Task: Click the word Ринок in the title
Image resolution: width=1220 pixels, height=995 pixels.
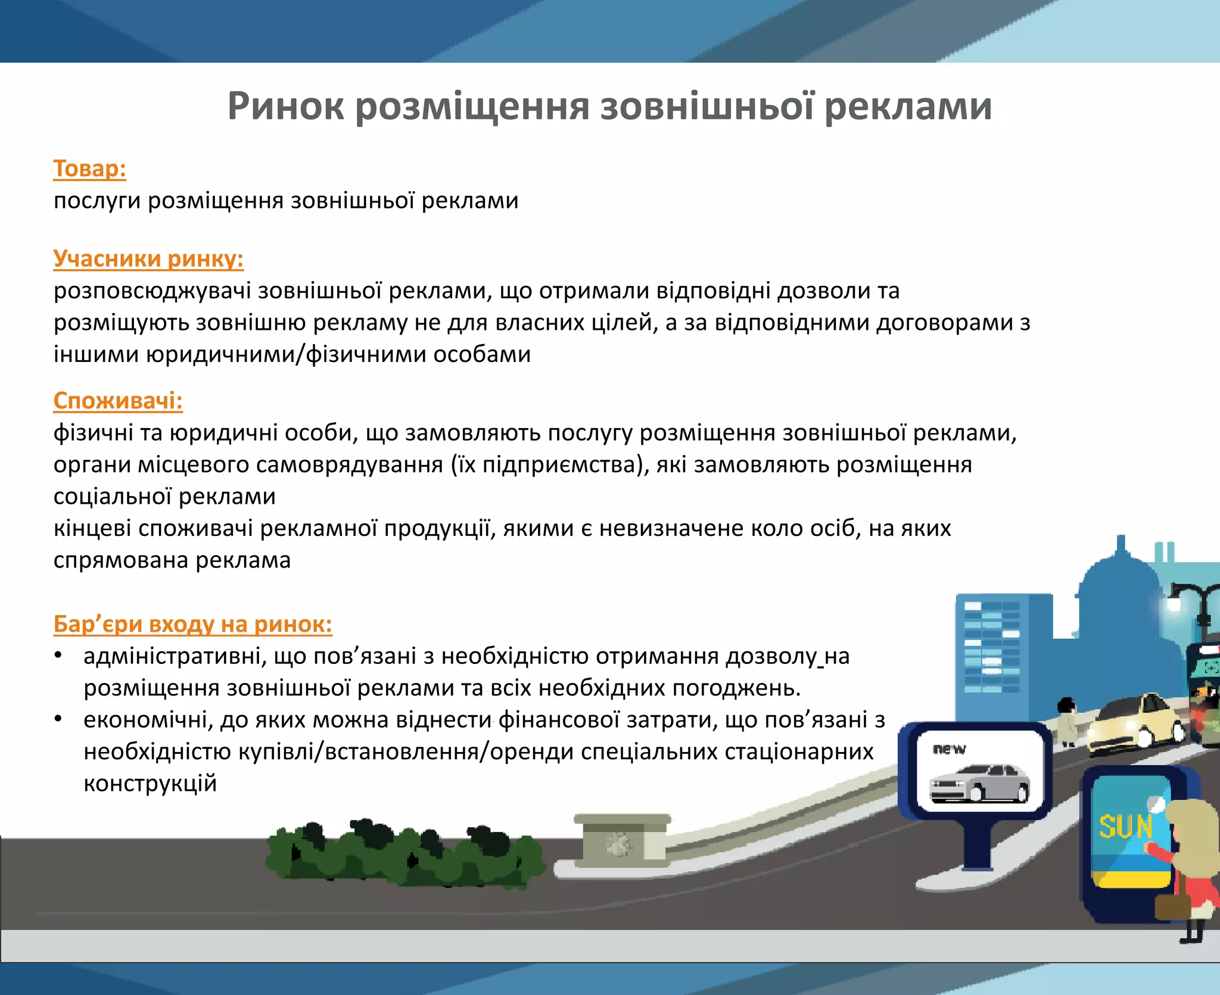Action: point(285,107)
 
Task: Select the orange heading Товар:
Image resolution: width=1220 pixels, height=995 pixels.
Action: point(89,169)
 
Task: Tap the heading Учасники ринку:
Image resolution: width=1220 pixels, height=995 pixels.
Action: point(148,258)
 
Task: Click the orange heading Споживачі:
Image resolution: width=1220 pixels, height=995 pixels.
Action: point(118,401)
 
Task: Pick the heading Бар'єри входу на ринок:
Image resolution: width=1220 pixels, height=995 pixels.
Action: point(192,624)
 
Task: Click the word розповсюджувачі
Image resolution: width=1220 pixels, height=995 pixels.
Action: point(152,291)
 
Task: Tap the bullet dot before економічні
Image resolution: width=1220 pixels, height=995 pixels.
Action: point(58,719)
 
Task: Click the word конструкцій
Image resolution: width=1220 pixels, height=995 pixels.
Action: point(150,784)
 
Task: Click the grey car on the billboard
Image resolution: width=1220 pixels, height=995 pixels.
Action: point(979,782)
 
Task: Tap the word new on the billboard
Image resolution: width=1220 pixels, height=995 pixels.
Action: point(949,749)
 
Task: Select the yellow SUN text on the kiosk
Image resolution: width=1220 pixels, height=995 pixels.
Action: point(1125,827)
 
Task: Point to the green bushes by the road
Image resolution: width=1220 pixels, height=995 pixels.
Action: point(405,854)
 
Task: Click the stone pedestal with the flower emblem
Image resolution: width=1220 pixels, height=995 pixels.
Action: point(621,840)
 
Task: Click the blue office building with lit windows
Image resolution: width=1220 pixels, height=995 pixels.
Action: point(992,649)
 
